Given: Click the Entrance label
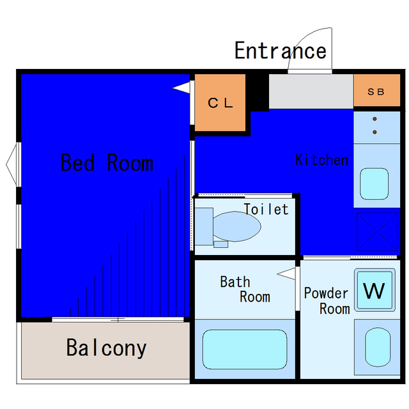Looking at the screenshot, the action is click(281, 50).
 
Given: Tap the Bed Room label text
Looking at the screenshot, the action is click(107, 162).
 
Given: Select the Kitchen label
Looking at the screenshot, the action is click(322, 160).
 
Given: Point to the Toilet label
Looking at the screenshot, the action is click(266, 209).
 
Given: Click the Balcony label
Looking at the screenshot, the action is click(107, 348).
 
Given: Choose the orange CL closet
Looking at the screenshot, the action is click(220, 102).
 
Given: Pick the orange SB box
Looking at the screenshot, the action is click(376, 90).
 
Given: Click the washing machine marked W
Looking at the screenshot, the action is click(374, 289).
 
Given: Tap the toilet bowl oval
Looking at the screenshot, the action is click(236, 226).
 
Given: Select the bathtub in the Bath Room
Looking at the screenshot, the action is click(245, 350).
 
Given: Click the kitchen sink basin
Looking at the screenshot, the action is click(374, 184).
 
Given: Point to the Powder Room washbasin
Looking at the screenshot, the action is click(378, 347).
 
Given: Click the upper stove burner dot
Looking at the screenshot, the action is click(374, 119).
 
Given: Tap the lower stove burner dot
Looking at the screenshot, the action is click(374, 132).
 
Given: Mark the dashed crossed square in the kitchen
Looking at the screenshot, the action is click(377, 231).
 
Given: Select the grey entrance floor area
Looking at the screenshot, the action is click(311, 91).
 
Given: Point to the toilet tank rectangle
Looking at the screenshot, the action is click(204, 226).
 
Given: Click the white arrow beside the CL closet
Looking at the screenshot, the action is click(181, 88).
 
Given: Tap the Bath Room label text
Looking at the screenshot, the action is click(245, 289).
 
